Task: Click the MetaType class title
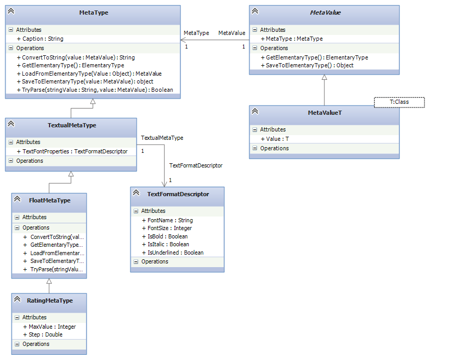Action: [94, 13]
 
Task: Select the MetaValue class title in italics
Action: [325, 13]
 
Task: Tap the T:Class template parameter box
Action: [399, 102]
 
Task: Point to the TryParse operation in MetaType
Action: [97, 90]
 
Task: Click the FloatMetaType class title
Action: [50, 200]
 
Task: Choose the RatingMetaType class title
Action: [50, 301]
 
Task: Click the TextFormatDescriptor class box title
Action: [178, 194]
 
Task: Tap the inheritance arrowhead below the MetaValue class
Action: [324, 78]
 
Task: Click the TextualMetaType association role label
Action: [162, 138]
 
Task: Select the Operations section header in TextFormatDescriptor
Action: [155, 261]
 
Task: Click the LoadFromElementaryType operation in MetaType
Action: [92, 74]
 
